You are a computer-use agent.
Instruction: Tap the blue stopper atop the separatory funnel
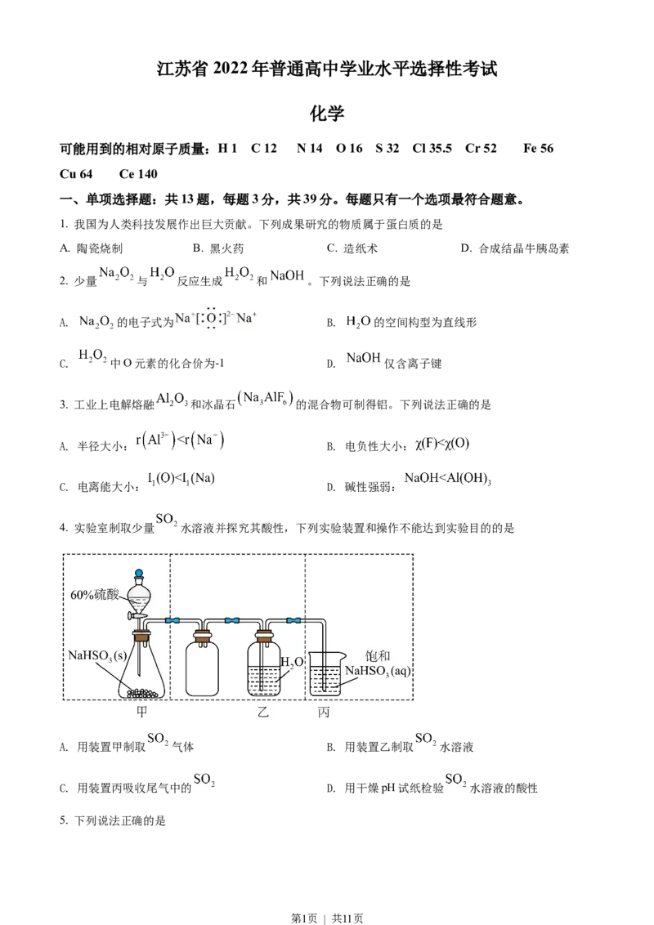tap(139, 574)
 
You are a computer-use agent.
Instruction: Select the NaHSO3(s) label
tap(99, 655)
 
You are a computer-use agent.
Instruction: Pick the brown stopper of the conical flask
tap(141, 635)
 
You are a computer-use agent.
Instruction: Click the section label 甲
tap(142, 713)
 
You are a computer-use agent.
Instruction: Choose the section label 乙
tap(263, 713)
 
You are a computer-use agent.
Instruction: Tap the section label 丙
tap(324, 713)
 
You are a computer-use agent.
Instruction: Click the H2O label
tap(292, 662)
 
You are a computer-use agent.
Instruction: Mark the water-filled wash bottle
tap(264, 670)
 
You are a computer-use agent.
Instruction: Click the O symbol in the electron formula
tap(212, 317)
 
